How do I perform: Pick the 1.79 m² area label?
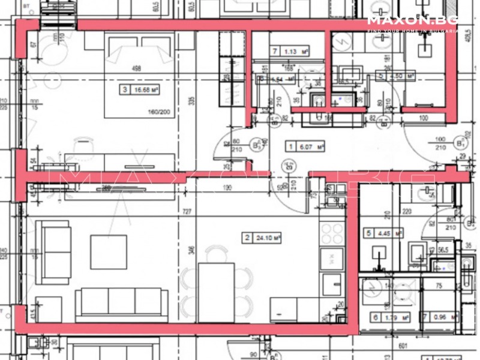386,317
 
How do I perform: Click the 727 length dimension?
187,212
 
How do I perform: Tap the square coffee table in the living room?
109,251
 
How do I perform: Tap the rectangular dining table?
215,292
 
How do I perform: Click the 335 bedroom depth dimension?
192,101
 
